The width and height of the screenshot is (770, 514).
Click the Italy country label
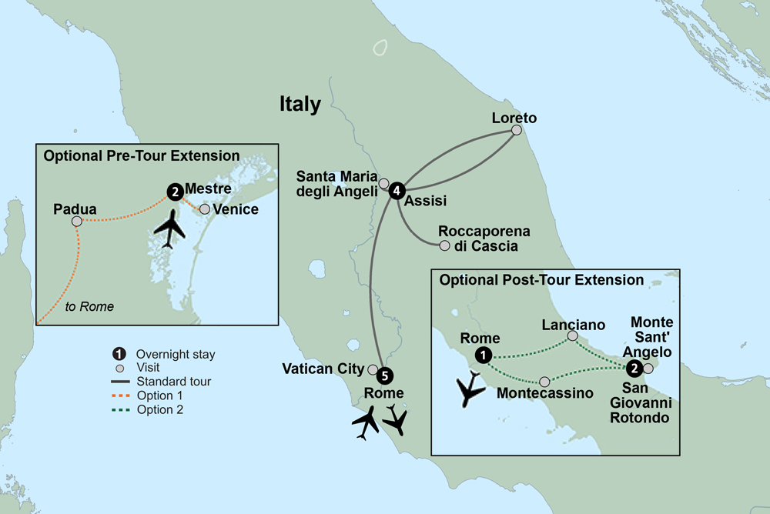tap(300, 105)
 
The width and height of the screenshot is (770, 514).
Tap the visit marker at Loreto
tap(516, 130)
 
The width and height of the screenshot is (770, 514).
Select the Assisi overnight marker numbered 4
tap(397, 190)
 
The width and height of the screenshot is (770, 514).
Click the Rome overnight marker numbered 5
tap(386, 376)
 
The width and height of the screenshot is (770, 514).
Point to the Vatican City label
tap(324, 369)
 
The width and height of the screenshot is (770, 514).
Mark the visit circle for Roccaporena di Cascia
tap(444, 246)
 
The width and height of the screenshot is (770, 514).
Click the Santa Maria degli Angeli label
tap(336, 185)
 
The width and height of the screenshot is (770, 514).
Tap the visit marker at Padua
tap(76, 222)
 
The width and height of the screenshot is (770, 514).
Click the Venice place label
tap(236, 209)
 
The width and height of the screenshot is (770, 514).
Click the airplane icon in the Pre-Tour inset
tap(170, 229)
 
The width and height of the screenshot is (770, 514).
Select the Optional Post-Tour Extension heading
tap(541, 280)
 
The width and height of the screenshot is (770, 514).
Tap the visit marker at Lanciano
tap(572, 335)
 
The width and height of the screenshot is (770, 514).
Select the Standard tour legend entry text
tap(173, 381)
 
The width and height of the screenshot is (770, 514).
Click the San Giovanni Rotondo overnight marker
tap(634, 369)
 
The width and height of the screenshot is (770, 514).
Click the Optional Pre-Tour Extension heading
tap(142, 155)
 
